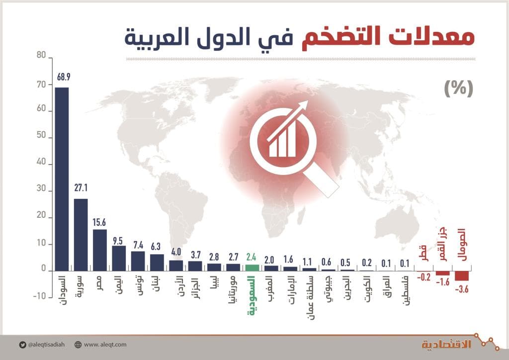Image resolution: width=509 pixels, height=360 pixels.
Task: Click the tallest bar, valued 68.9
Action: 62,179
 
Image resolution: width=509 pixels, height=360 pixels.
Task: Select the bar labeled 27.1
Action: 81,235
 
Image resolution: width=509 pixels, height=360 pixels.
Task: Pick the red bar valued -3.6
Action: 462,276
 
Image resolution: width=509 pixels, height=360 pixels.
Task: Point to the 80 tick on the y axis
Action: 41,58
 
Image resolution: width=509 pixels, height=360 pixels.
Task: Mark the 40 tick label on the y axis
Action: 41,164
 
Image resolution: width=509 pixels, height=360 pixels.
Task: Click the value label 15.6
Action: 100,223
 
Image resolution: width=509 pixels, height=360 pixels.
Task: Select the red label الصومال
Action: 461,244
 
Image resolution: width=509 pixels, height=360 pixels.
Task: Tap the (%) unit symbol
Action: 458,88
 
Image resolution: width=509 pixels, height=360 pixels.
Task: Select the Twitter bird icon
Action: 23,344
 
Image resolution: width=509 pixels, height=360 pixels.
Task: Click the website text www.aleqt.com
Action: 105,344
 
